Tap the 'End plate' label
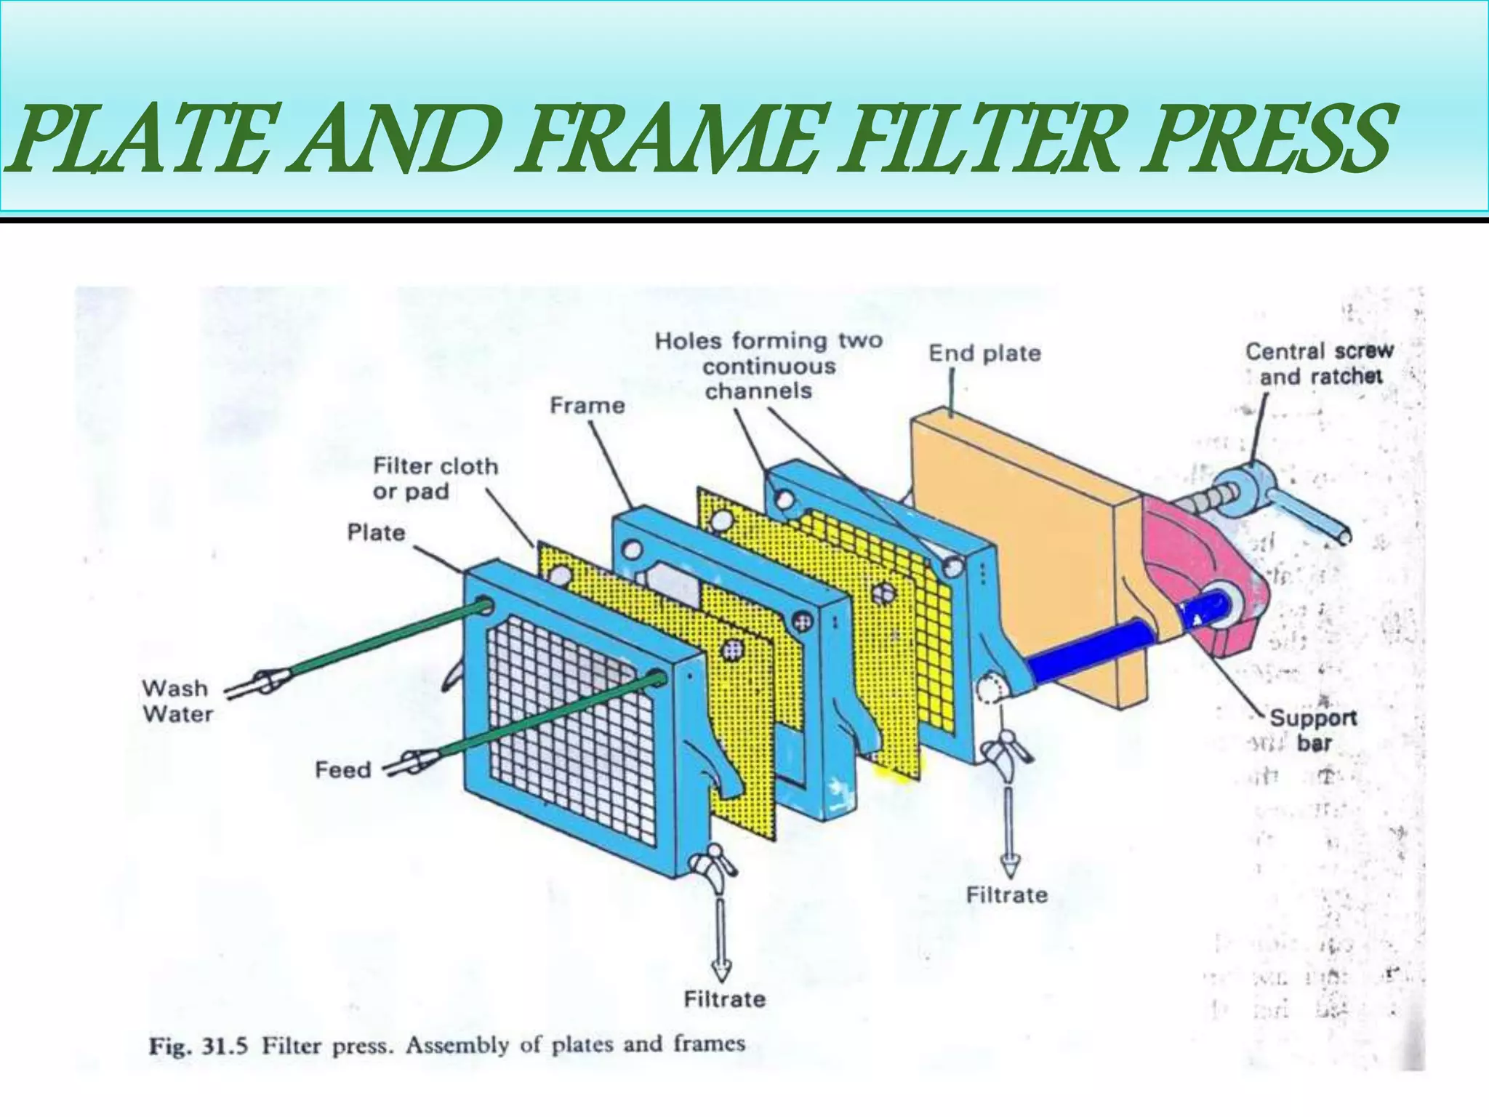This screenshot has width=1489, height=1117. point(984,353)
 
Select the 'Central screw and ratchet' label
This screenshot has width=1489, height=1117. point(1319,364)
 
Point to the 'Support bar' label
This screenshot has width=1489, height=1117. point(1312,730)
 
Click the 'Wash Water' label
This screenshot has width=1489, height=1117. point(177,700)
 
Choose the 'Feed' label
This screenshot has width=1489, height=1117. point(342,769)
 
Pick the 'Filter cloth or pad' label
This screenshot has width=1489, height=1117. point(435,479)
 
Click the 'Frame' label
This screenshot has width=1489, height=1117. point(587,405)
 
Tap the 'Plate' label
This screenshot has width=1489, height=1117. point(376,532)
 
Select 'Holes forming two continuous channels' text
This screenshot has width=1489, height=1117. point(768,366)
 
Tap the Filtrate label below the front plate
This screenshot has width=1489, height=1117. point(724,999)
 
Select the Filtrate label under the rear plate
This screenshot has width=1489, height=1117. point(1006,894)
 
